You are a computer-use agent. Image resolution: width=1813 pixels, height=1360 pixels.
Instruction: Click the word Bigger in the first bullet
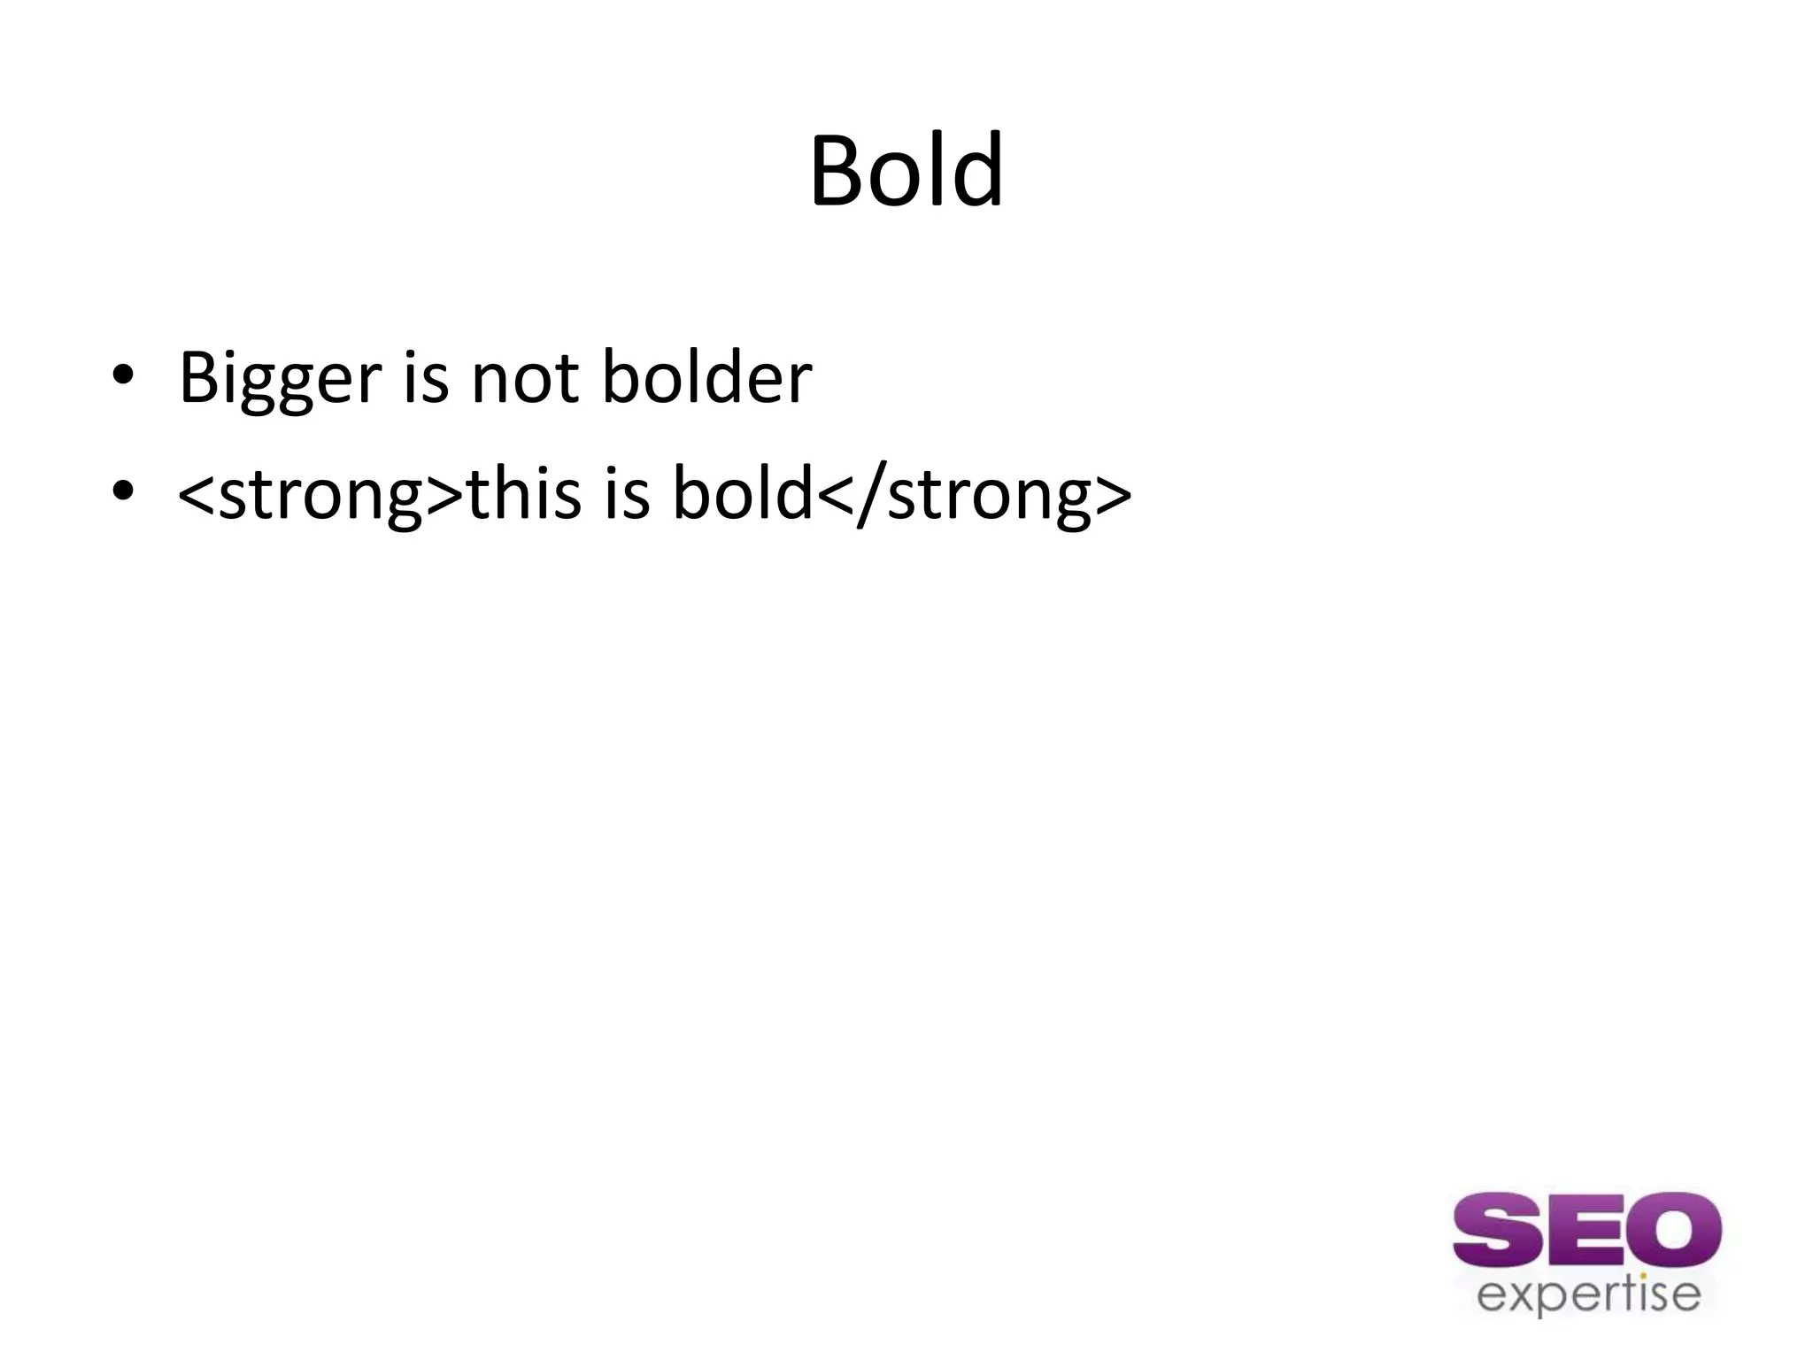point(280,379)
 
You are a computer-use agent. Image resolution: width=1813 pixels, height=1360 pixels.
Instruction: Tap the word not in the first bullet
point(525,379)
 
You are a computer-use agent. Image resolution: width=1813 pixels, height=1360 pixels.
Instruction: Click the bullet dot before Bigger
point(122,375)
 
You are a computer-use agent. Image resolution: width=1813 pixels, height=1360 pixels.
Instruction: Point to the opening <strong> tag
point(320,494)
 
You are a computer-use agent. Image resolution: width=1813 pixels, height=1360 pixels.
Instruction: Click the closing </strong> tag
point(974,494)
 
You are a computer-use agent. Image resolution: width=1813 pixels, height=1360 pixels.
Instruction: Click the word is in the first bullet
point(426,379)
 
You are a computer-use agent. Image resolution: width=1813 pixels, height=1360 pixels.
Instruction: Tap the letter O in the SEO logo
point(1674,1232)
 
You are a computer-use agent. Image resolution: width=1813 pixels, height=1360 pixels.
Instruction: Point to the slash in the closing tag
point(871,494)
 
